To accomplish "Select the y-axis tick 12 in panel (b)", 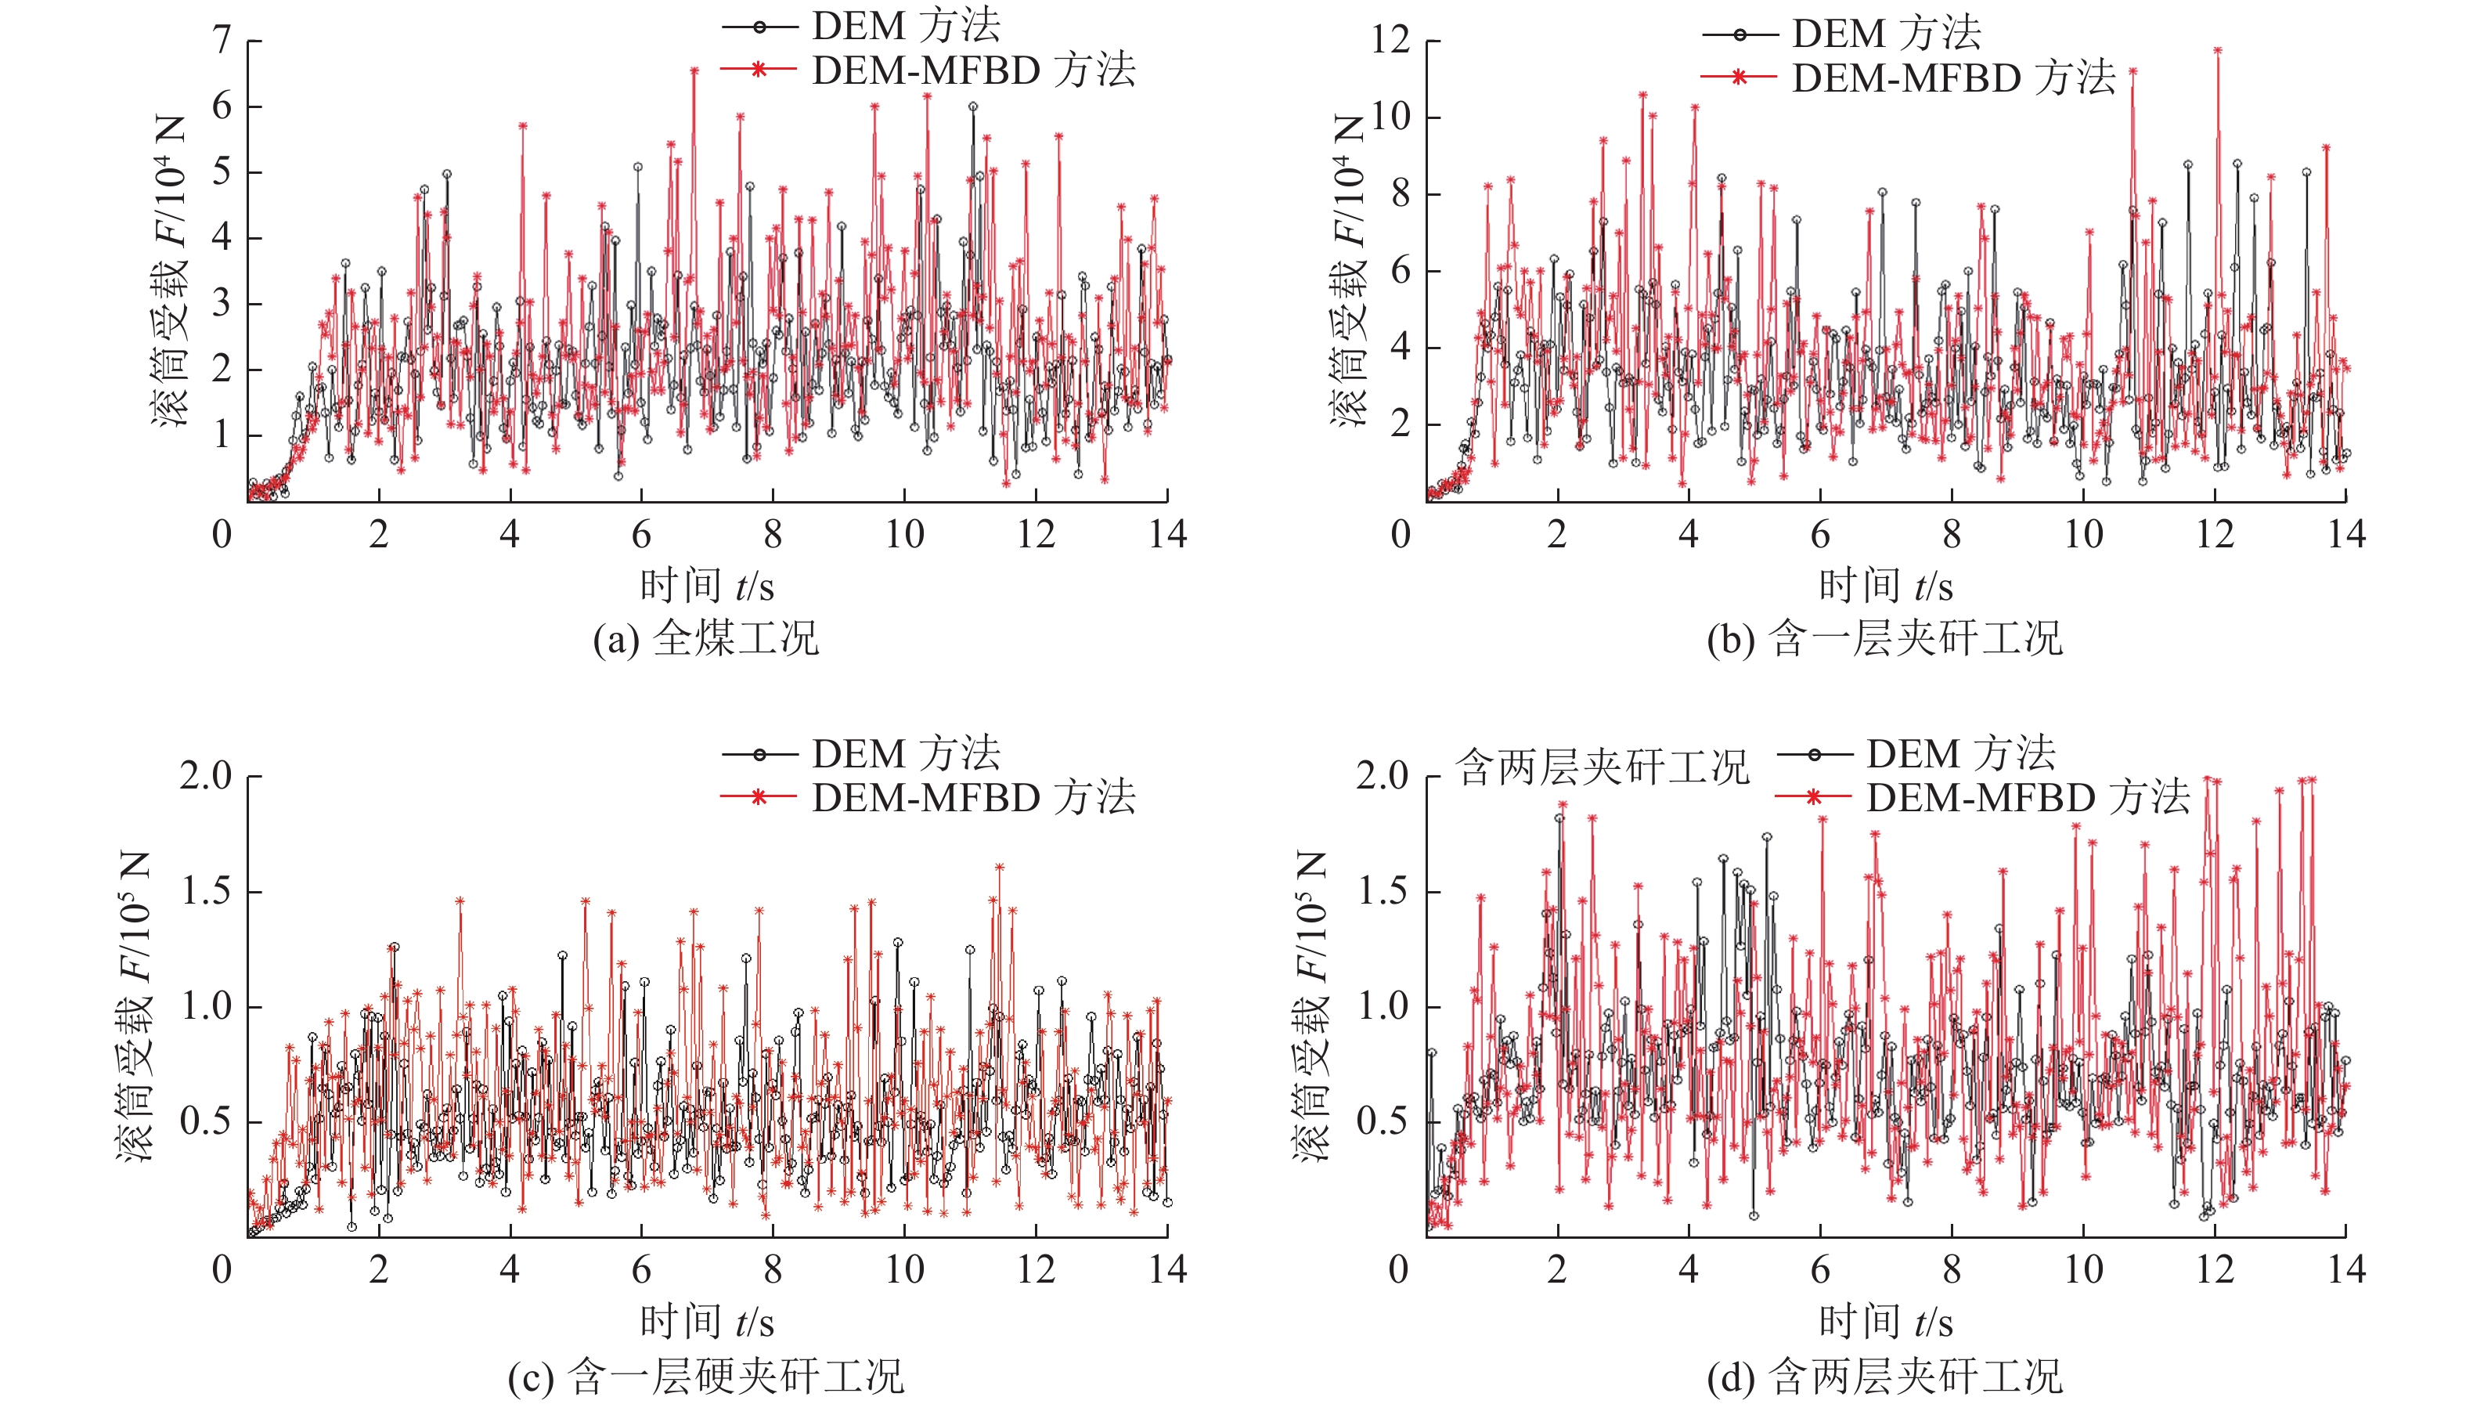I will (x=1390, y=41).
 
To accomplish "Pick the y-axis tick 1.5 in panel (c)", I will (x=207, y=892).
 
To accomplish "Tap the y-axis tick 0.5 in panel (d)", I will (x=1383, y=1121).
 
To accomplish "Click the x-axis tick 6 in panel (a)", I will (x=641, y=534).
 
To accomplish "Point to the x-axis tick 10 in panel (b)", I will (x=2083, y=534).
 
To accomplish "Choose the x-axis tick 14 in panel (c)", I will (x=1167, y=1270).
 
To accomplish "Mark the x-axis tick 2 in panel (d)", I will (x=1557, y=1270).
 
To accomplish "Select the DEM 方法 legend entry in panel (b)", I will (x=1887, y=34).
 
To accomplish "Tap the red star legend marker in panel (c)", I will (x=759, y=796).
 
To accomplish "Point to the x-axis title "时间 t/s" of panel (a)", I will (x=707, y=585).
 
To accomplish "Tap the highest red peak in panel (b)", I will (x=2217, y=49).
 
